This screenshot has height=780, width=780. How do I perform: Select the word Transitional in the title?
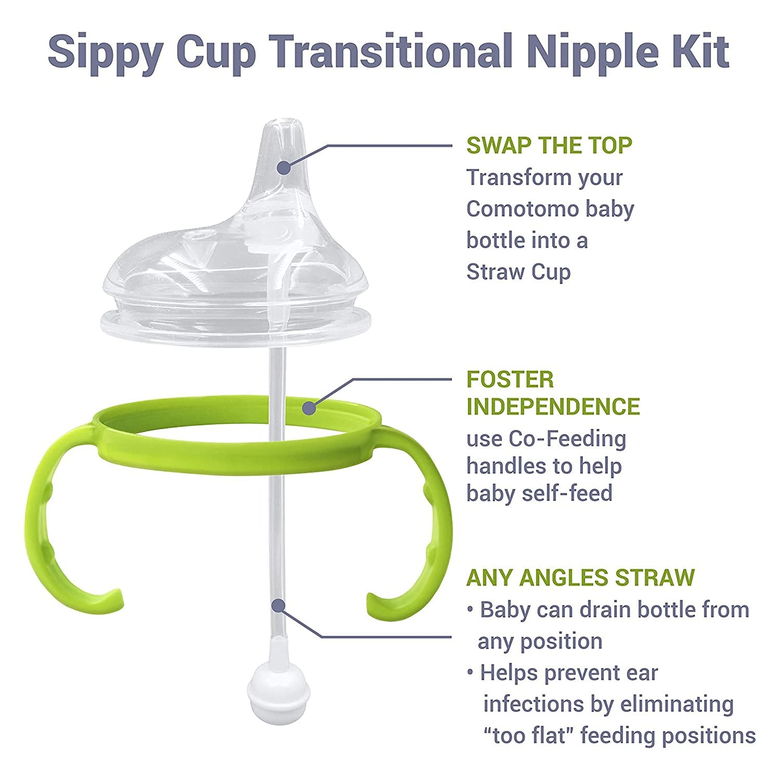(x=390, y=51)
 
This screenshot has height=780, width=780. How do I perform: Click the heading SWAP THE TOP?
(x=549, y=146)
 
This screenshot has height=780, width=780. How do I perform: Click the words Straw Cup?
(x=518, y=272)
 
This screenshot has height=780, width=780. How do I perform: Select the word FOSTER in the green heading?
(x=510, y=379)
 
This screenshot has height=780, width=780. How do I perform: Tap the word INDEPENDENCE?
(x=553, y=406)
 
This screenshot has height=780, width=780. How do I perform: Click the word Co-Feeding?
(x=567, y=439)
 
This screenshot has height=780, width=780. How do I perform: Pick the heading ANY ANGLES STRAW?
(x=580, y=578)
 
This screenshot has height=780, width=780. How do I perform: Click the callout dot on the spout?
(x=283, y=167)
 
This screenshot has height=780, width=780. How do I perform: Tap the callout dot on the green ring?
(x=309, y=408)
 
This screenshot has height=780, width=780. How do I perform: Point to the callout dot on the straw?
(x=278, y=606)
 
